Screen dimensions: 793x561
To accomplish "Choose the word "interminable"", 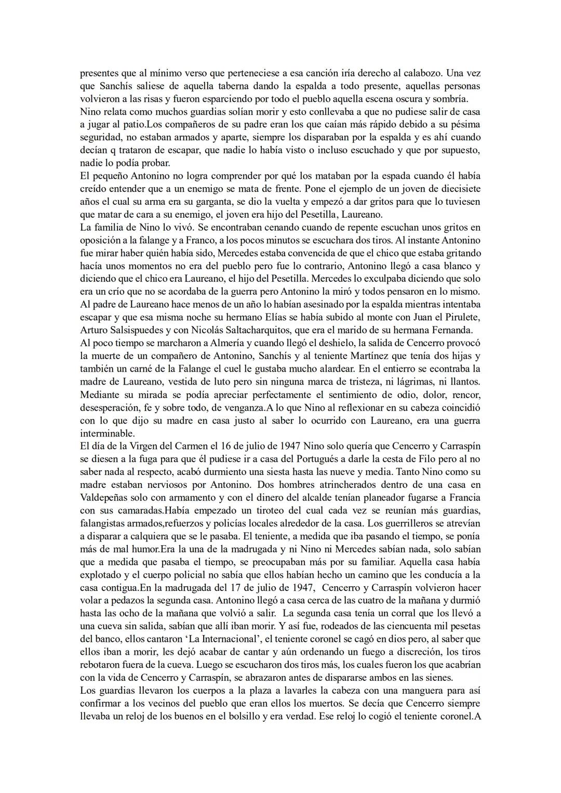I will click(108, 433).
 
